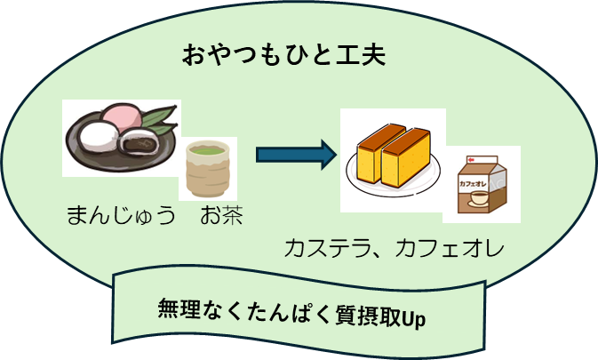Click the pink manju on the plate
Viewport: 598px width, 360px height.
(124, 116)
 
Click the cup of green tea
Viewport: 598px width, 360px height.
(208, 168)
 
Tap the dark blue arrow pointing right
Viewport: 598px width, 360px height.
(296, 156)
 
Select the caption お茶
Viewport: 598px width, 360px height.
(221, 215)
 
